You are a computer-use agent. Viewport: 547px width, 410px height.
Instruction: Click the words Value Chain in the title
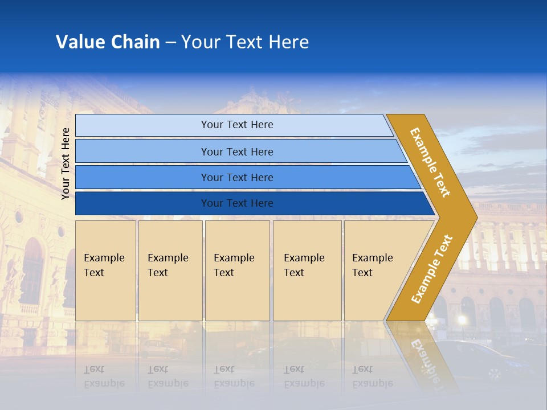click(x=108, y=42)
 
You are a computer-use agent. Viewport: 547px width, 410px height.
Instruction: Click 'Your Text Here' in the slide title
click(x=245, y=42)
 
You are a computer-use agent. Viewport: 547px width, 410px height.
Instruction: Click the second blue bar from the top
click(x=237, y=151)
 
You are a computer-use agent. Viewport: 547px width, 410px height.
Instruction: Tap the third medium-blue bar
click(x=237, y=178)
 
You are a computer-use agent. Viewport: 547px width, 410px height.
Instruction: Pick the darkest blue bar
click(x=237, y=203)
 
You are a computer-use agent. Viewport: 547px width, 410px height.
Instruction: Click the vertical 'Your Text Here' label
click(x=66, y=163)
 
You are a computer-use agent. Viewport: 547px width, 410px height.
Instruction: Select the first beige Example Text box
click(x=105, y=270)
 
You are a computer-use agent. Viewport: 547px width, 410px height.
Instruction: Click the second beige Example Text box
click(x=170, y=270)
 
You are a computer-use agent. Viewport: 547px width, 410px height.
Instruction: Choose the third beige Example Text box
click(x=237, y=270)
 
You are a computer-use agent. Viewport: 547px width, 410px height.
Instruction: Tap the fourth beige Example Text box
click(x=307, y=270)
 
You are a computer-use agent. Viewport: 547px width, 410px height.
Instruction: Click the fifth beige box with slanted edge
click(x=376, y=270)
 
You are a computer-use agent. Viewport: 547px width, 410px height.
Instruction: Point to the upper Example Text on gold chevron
click(x=430, y=162)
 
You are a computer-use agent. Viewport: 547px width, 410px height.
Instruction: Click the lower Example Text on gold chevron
click(x=431, y=269)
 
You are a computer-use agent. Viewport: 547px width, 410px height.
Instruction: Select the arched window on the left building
click(x=32, y=268)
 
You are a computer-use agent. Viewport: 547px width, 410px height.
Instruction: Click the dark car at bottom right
click(x=490, y=359)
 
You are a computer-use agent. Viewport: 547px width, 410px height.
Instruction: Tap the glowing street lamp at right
click(x=462, y=320)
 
